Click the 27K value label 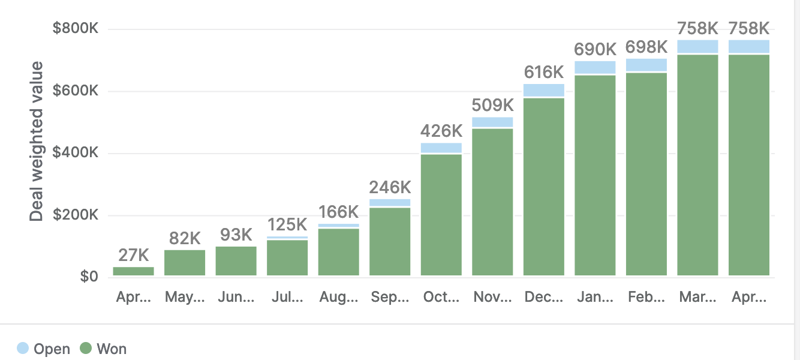coord(133,255)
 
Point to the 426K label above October coord(441,131)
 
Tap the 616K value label coord(544,72)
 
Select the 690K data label coord(595,49)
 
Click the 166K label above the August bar coord(339,212)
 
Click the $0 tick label coord(88,277)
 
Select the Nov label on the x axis coord(492,297)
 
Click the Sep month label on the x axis coord(390,297)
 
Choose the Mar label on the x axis coord(697,297)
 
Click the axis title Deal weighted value coord(37,141)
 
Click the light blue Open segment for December coord(544,90)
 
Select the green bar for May coord(185,263)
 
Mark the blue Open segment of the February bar coord(646,65)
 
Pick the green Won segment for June coord(236,261)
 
